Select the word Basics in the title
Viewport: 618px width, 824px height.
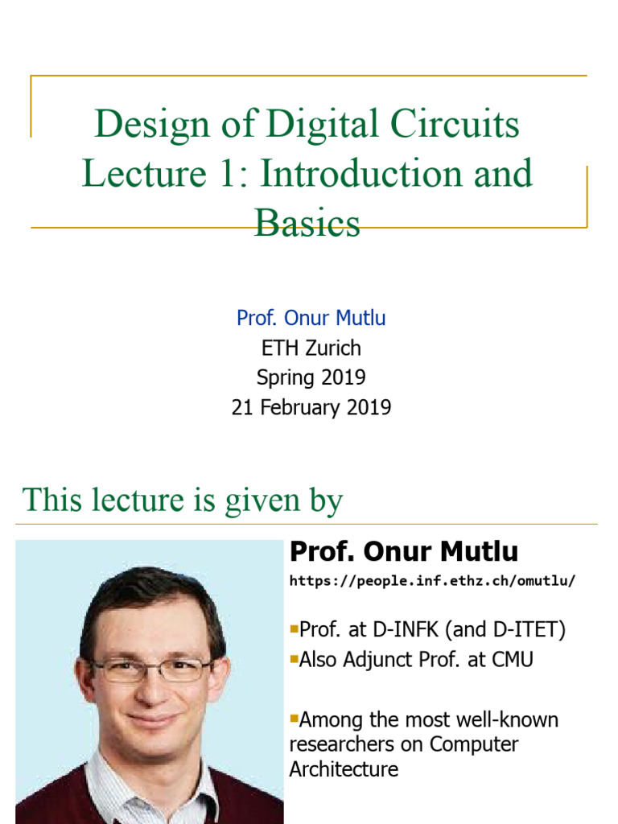click(x=307, y=223)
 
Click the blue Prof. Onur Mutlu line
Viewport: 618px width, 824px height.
click(x=311, y=318)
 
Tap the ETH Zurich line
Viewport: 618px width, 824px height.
click(x=311, y=348)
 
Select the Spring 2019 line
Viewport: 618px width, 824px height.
click(x=311, y=377)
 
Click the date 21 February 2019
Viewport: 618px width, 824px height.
click(x=311, y=407)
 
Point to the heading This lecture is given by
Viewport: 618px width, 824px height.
click(x=182, y=500)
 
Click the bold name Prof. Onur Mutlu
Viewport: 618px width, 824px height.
click(x=404, y=552)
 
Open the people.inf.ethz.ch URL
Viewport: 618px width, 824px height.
click(x=433, y=580)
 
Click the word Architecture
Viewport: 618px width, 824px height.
click(x=344, y=769)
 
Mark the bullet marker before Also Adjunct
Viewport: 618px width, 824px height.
click(x=294, y=658)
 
